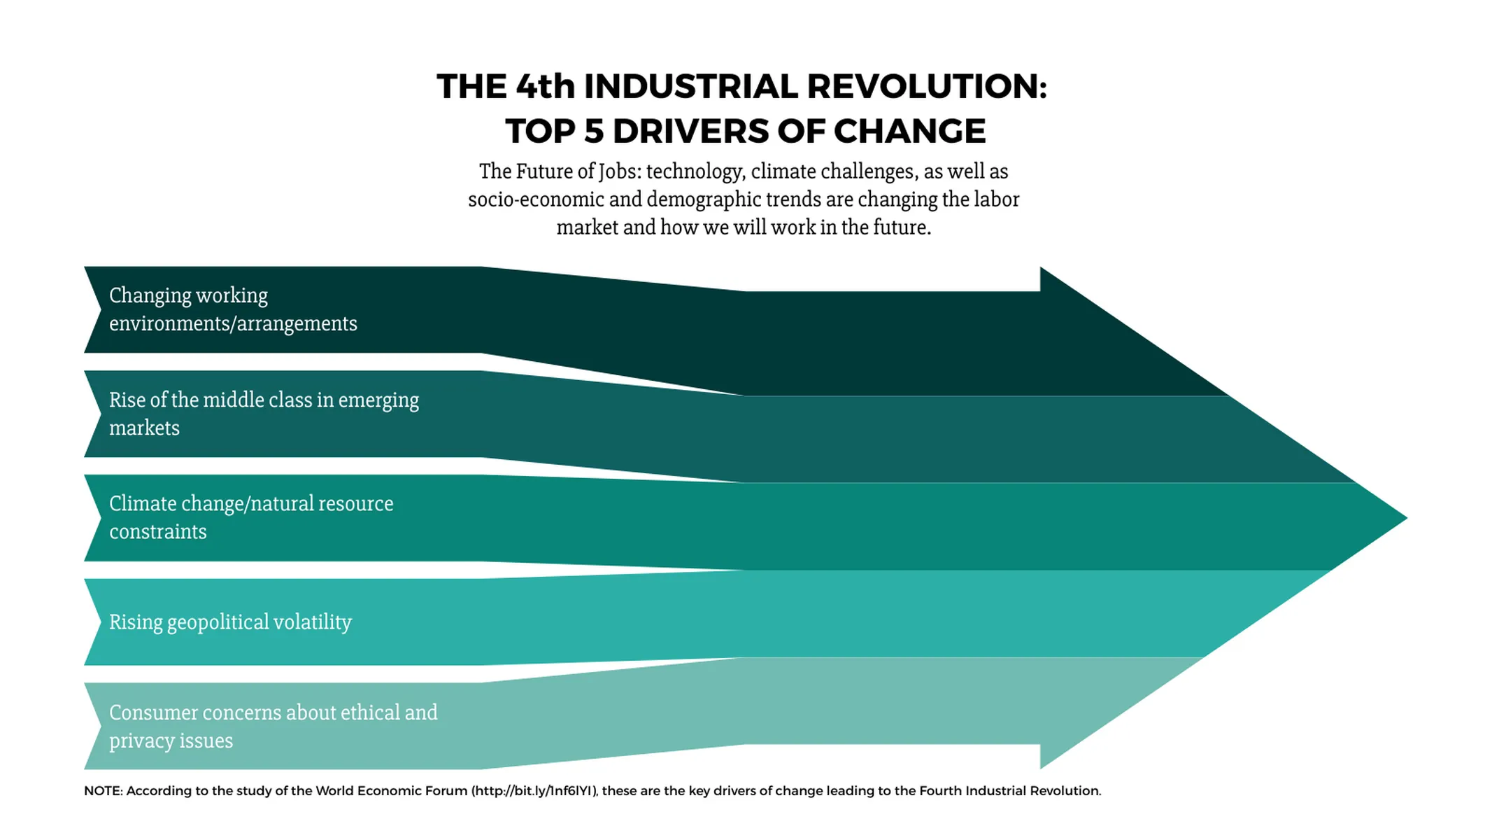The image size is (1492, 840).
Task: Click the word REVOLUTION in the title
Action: (x=926, y=87)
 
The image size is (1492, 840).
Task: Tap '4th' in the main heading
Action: (x=545, y=87)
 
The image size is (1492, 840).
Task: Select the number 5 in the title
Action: (x=593, y=132)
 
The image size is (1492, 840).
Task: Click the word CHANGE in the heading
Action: (x=909, y=132)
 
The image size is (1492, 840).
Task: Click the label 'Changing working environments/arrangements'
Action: (x=232, y=309)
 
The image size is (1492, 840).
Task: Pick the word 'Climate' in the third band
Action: (x=143, y=504)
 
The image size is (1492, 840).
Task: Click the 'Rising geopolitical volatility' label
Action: (x=230, y=622)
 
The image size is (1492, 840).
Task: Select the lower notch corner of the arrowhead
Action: (x=1040, y=766)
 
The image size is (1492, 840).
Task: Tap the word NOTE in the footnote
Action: (x=102, y=791)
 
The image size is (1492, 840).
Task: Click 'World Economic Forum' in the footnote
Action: (x=391, y=791)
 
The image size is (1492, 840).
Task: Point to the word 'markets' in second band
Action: (x=144, y=428)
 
